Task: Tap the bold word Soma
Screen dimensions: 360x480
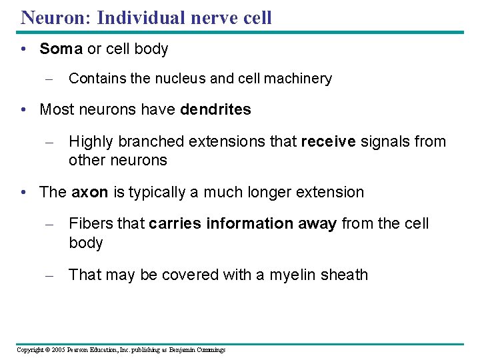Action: (61, 49)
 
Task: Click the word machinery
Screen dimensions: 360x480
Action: (296, 79)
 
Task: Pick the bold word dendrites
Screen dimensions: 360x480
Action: (215, 109)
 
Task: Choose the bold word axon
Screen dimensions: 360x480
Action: (89, 193)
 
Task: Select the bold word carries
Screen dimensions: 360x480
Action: (175, 224)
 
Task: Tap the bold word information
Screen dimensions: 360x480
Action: (249, 224)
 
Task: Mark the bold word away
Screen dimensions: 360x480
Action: (317, 224)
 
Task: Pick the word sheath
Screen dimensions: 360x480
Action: (344, 275)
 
